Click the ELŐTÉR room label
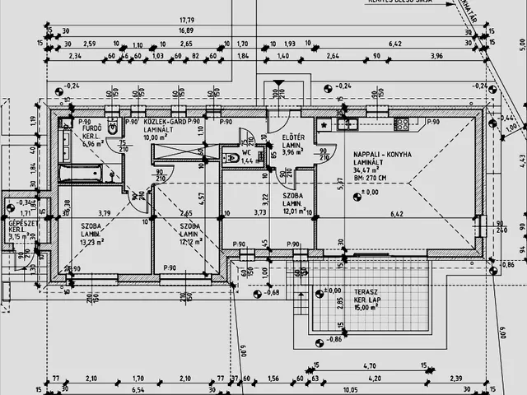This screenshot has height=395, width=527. [x=293, y=137]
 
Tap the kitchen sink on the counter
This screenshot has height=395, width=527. [x=347, y=125]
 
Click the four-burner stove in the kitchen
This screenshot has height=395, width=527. [x=403, y=124]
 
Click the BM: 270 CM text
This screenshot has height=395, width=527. [x=373, y=178]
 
